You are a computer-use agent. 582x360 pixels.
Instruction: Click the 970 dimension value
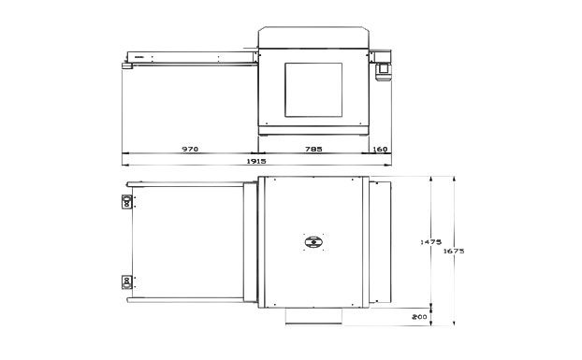click(x=190, y=149)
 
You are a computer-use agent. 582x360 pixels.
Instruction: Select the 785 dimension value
click(x=313, y=149)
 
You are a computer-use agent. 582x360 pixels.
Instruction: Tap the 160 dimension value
click(x=380, y=149)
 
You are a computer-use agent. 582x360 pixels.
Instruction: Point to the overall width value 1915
click(x=256, y=161)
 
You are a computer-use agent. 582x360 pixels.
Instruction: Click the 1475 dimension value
click(x=430, y=242)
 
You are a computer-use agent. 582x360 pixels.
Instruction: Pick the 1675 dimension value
click(x=454, y=251)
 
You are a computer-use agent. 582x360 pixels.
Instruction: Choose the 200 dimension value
click(x=419, y=317)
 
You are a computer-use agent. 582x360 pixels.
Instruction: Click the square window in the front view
click(x=313, y=90)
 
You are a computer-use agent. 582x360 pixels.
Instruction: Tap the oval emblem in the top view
click(x=313, y=242)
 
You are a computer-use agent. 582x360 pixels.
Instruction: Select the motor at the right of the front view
click(x=384, y=72)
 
